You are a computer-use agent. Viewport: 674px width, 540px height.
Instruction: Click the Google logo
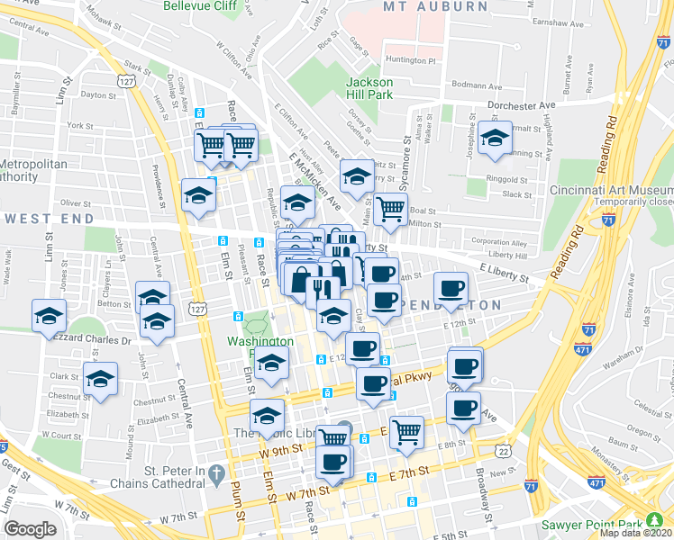[x=30, y=529]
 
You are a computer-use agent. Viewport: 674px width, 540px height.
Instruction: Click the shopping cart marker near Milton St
[x=391, y=209]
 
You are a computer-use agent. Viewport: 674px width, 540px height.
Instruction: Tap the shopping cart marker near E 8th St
[x=406, y=431]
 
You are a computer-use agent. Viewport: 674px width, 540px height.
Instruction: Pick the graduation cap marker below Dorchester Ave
[x=495, y=138]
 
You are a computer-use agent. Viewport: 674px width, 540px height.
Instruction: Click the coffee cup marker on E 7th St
[x=332, y=462]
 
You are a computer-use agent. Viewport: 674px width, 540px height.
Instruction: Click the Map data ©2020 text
[x=635, y=533]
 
